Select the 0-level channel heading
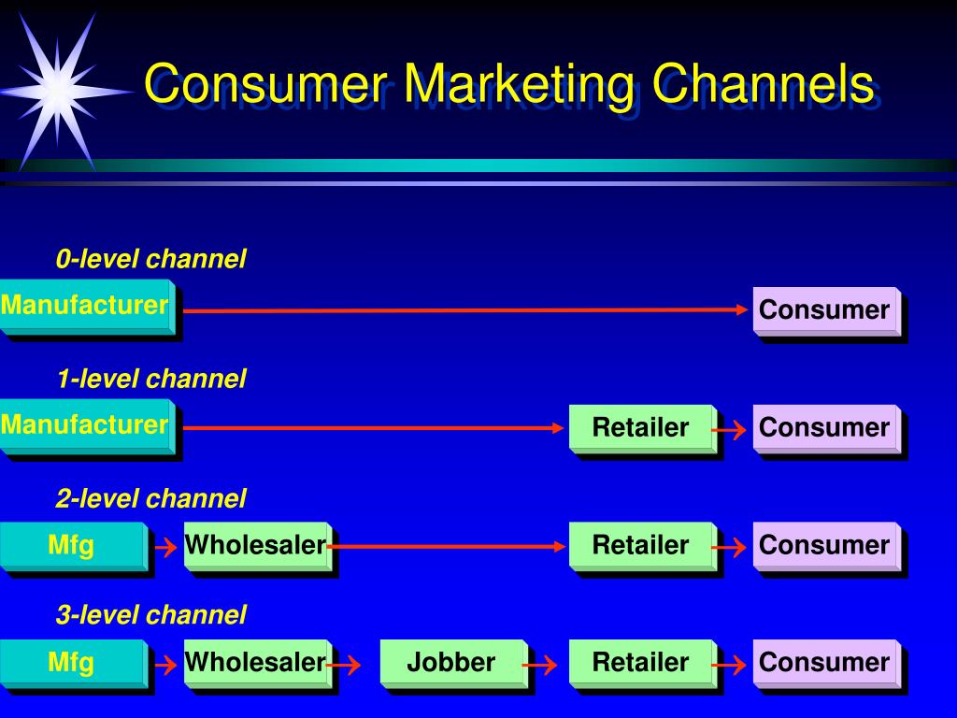(150, 259)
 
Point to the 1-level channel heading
(150, 379)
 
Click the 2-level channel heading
(150, 498)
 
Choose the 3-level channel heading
(150, 614)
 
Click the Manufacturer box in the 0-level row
(85, 306)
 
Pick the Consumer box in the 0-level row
(824, 310)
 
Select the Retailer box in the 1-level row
(640, 428)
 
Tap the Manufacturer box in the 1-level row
(85, 425)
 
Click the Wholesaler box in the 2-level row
(255, 544)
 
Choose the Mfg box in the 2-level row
(72, 544)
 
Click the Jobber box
(451, 663)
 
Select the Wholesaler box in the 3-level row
(255, 663)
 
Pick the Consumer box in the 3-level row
(824, 663)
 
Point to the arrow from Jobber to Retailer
(540, 666)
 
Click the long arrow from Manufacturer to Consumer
(467, 309)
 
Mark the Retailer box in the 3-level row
(640, 663)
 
